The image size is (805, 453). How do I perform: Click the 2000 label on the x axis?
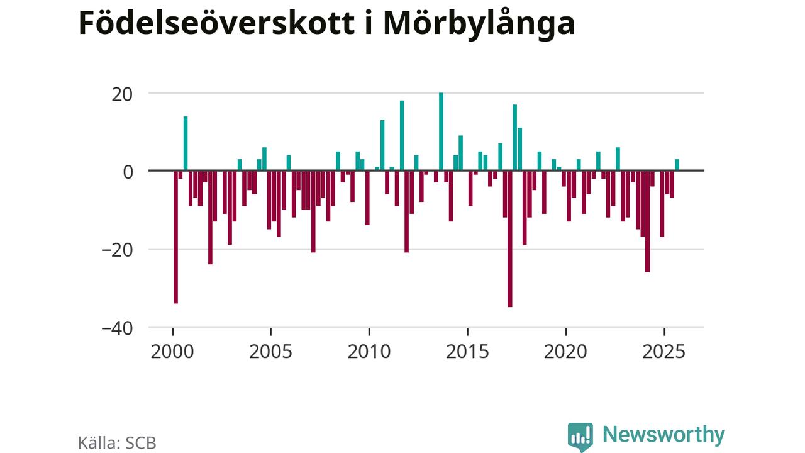[172, 350]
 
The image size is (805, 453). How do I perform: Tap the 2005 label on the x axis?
[270, 350]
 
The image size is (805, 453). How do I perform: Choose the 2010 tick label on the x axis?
[369, 350]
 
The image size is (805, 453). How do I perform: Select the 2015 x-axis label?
[467, 350]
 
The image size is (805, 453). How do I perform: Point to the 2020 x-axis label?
[566, 350]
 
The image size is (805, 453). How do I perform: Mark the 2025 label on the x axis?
[664, 350]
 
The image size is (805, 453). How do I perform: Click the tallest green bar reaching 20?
[441, 131]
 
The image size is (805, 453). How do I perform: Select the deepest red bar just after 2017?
[509, 239]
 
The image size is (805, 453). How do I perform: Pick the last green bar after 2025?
[677, 165]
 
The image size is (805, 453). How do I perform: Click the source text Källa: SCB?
[117, 442]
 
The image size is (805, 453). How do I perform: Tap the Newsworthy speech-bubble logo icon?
[580, 436]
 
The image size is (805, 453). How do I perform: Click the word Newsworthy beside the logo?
[663, 435]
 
